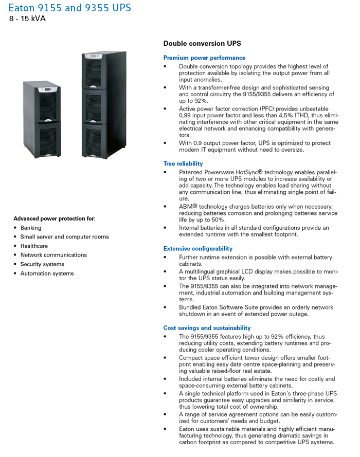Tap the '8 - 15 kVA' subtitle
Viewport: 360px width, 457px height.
click(27, 19)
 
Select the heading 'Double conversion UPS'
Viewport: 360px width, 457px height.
click(202, 44)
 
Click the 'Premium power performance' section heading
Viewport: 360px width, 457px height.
click(204, 58)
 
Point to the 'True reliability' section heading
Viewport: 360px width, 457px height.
click(183, 163)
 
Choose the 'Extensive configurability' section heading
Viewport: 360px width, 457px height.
click(198, 249)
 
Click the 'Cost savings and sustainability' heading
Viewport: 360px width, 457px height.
click(207, 327)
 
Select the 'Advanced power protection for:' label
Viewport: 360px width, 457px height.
click(54, 218)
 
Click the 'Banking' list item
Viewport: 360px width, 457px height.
click(31, 228)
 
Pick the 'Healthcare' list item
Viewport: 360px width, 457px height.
click(34, 246)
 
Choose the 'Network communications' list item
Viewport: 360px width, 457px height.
click(53, 255)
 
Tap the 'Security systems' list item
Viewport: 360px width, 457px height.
click(42, 264)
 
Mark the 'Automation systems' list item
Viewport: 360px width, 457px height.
click(47, 273)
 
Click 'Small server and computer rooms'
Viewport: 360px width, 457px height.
click(64, 237)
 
